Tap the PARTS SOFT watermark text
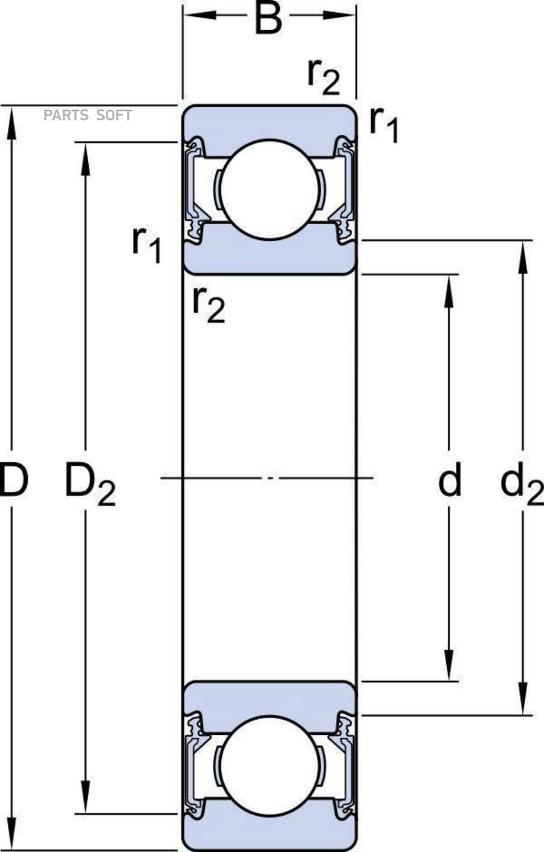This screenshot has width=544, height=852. coord(88,115)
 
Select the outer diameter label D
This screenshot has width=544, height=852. coord(13,480)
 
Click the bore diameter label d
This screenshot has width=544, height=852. coord(449,480)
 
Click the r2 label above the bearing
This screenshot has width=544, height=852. coord(323,77)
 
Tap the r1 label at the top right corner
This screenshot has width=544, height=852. coord(384,124)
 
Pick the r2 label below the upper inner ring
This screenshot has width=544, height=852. coord(208,304)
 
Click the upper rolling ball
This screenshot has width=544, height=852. coord(269,189)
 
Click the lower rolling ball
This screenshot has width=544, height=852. coord(269,764)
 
